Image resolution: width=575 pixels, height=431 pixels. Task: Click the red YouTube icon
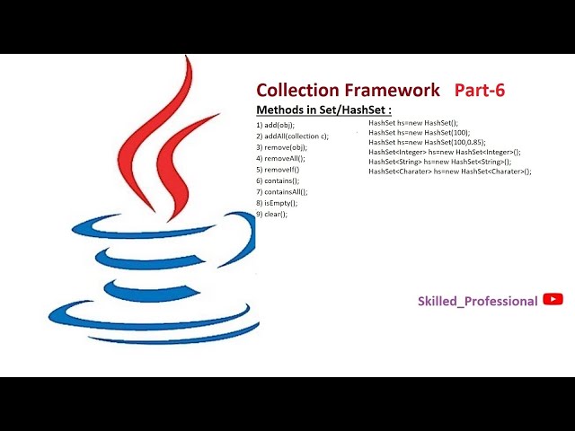[553, 300]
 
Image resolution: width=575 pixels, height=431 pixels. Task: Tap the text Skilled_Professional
[478, 301]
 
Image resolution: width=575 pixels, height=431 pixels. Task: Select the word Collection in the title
[296, 90]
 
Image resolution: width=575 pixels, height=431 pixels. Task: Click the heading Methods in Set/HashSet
[323, 110]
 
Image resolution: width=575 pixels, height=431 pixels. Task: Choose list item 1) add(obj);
[276, 124]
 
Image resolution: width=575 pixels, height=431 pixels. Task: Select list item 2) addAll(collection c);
[293, 136]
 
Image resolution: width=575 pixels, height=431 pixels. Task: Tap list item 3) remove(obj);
[281, 146]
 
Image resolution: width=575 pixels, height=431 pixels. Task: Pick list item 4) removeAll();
[280, 158]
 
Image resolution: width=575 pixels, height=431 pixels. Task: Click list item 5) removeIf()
[278, 169]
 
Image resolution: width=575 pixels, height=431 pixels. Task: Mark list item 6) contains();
[279, 180]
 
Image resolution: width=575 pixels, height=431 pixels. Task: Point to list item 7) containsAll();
[282, 191]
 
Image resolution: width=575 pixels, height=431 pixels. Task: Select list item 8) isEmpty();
[277, 203]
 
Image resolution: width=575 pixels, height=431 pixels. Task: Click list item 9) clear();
[272, 214]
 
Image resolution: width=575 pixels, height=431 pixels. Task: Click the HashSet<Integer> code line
[444, 152]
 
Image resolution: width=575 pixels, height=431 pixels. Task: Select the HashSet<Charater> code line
[449, 171]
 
